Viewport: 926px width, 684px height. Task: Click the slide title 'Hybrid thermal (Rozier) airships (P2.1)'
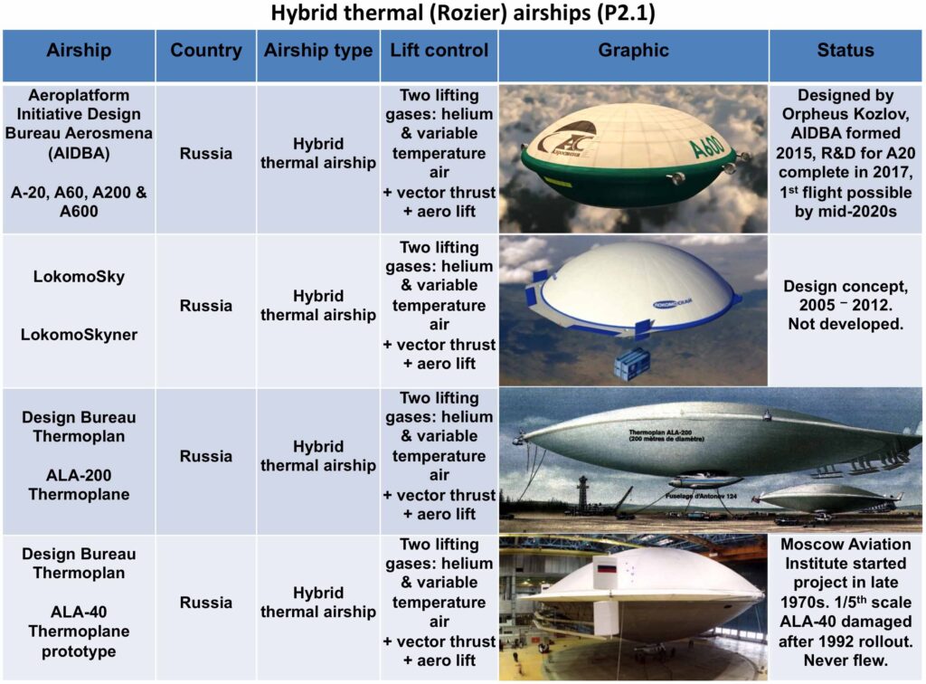click(x=463, y=13)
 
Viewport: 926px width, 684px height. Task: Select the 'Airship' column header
click(x=79, y=50)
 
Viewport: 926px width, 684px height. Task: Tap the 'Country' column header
click(x=206, y=50)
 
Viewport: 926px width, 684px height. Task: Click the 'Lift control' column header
click(x=439, y=50)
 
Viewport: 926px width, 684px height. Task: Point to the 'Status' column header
click(x=846, y=50)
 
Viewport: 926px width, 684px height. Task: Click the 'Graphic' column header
click(x=633, y=50)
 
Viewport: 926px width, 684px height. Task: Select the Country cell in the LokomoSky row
click(x=206, y=306)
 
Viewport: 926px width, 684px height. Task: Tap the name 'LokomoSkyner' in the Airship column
click(x=79, y=335)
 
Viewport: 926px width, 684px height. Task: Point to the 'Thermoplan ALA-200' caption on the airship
click(x=666, y=435)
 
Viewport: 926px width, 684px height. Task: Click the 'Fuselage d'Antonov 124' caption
click(x=701, y=496)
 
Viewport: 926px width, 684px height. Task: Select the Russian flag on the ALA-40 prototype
click(x=607, y=569)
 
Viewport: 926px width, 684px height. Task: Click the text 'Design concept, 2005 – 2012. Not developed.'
click(x=846, y=306)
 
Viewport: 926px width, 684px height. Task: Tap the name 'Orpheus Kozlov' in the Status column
click(x=846, y=114)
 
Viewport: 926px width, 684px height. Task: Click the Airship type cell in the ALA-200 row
click(x=318, y=457)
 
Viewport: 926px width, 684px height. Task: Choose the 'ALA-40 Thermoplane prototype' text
click(x=79, y=632)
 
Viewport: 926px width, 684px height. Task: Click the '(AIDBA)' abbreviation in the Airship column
click(x=79, y=154)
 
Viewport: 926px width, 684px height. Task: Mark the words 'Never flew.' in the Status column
click(x=846, y=660)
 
